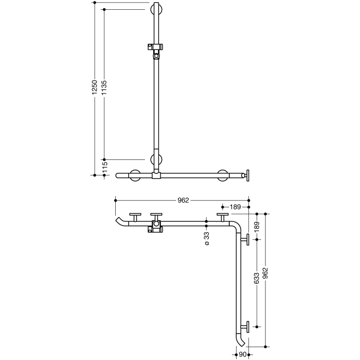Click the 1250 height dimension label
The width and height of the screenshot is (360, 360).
click(x=94, y=88)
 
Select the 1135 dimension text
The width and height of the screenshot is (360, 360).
click(x=104, y=88)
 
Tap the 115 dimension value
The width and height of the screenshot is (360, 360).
click(x=104, y=167)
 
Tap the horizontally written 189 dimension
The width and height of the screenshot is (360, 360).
click(x=235, y=207)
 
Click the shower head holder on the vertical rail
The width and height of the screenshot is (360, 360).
click(x=155, y=48)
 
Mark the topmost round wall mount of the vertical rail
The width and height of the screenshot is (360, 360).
click(x=156, y=10)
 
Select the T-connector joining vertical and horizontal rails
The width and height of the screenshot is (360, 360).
click(x=156, y=176)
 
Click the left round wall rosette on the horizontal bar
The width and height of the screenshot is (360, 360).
click(x=136, y=175)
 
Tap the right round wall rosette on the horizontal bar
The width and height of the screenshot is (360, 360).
click(x=223, y=175)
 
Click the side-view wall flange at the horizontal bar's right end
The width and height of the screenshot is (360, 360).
click(x=248, y=175)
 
